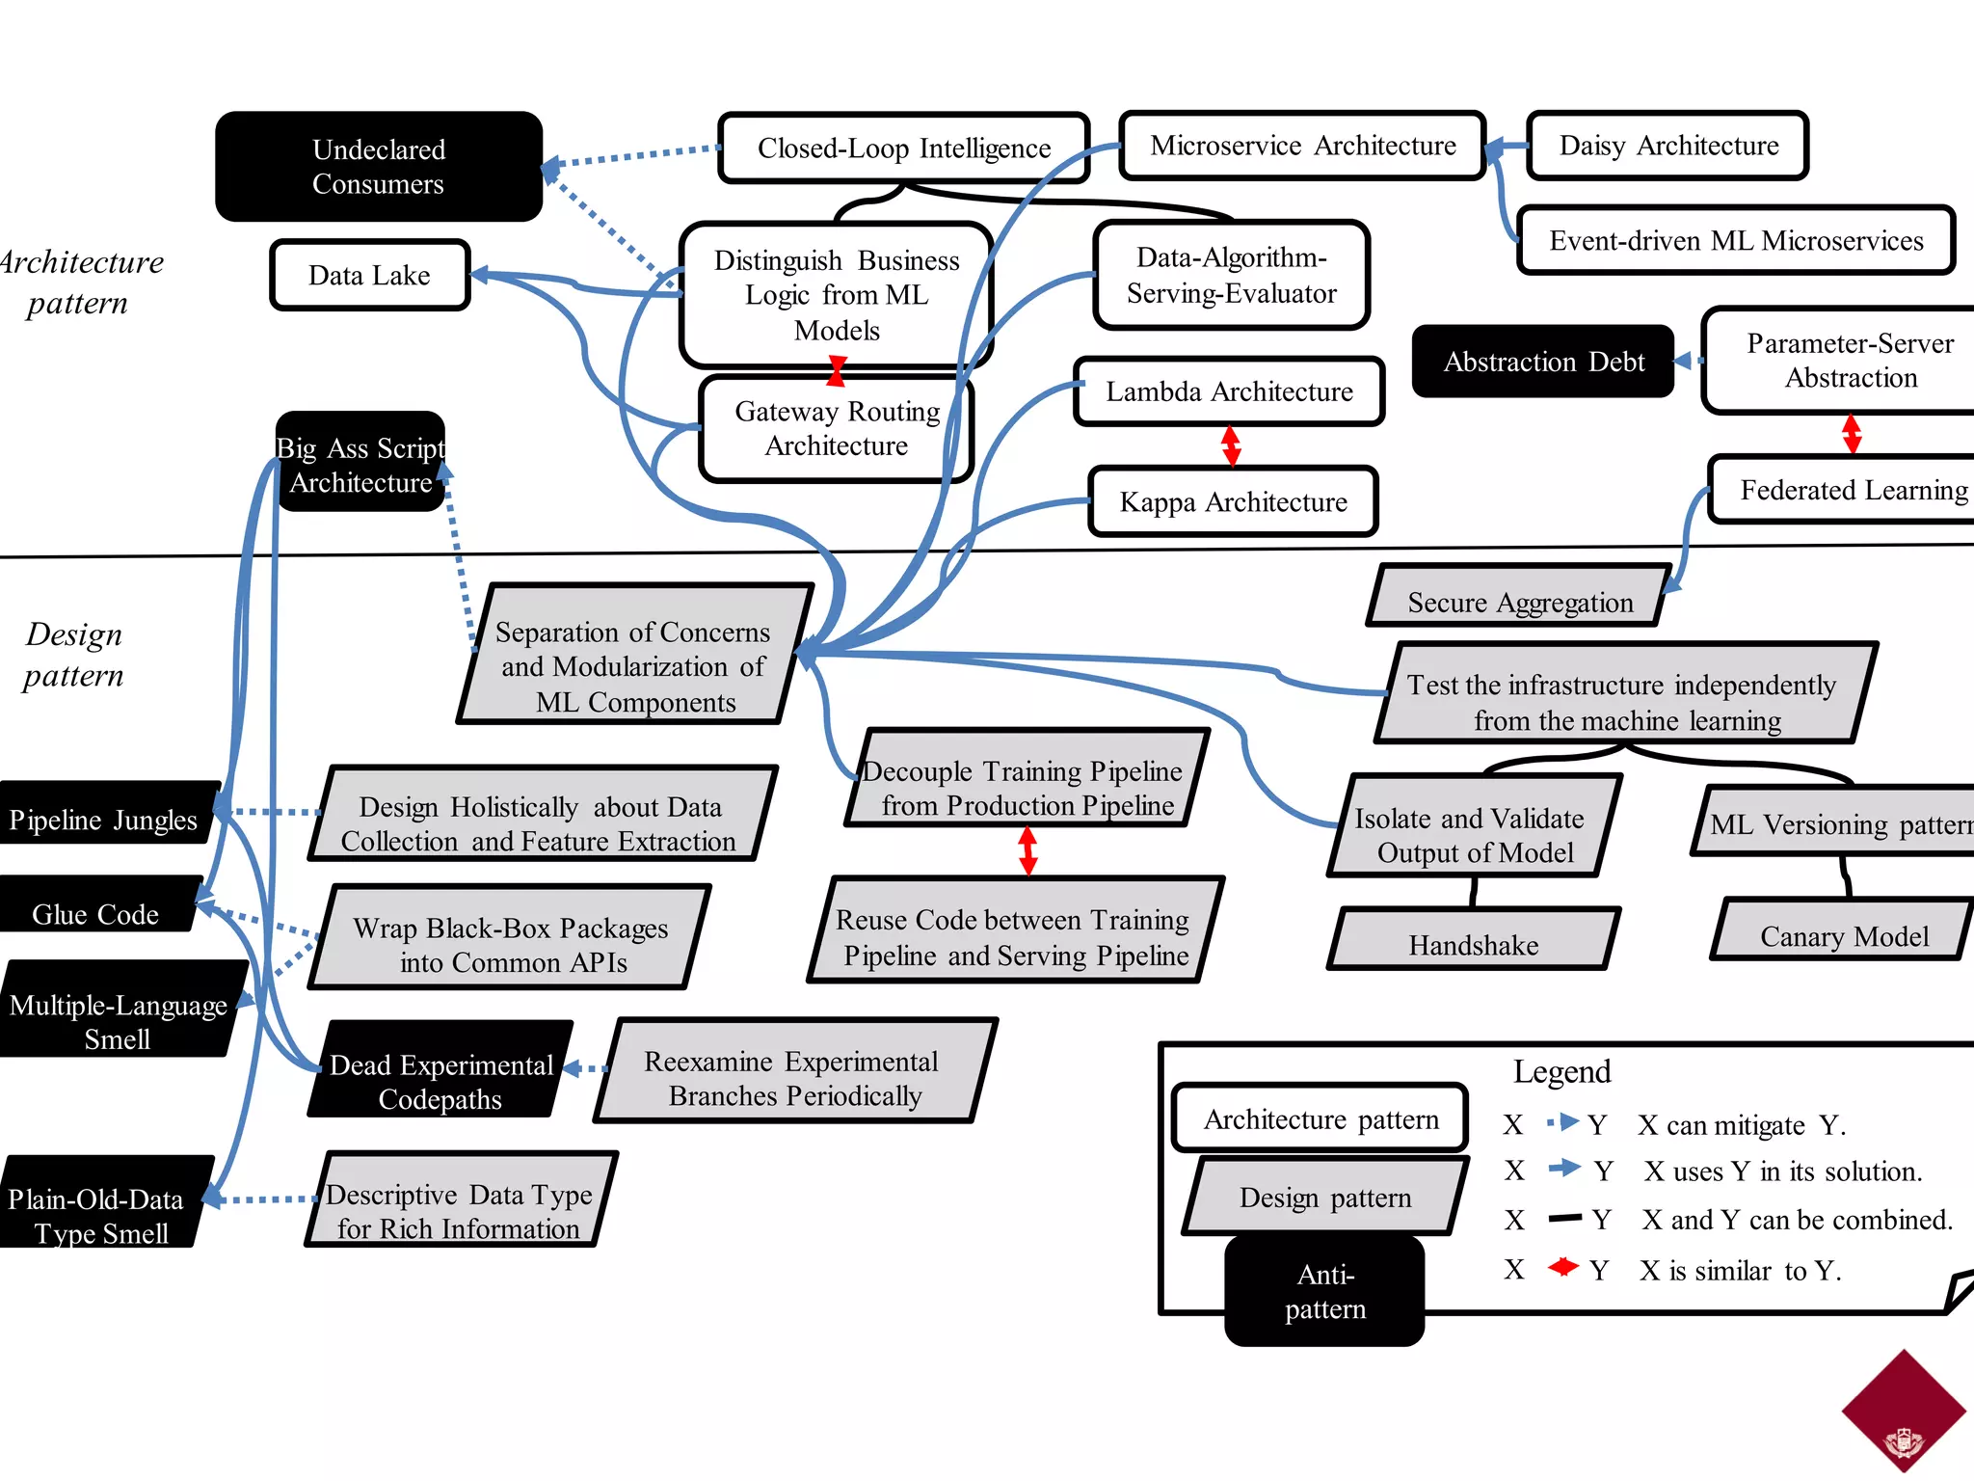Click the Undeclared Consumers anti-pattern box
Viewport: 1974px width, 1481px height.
(379, 166)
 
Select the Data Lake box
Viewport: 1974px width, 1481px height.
(370, 276)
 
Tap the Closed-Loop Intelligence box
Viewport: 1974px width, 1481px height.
(903, 148)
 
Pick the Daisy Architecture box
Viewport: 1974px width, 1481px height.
(1667, 146)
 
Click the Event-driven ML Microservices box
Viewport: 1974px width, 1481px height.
(1735, 241)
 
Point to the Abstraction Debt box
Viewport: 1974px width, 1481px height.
(1543, 362)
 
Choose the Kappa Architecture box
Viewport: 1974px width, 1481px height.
(1233, 502)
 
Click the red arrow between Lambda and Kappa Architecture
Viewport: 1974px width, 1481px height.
(1231, 446)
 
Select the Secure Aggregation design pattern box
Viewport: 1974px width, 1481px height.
(1519, 603)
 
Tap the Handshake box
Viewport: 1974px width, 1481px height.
(1473, 944)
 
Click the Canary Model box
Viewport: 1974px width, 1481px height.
(1843, 935)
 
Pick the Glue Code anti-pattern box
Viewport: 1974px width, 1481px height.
(96, 912)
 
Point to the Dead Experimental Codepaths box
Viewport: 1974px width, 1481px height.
(440, 1081)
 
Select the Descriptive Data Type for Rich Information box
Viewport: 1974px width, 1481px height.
(460, 1211)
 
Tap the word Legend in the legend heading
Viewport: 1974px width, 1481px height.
(1561, 1071)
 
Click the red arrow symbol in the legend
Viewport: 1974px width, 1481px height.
(1563, 1267)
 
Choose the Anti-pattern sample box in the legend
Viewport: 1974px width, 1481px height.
(1324, 1291)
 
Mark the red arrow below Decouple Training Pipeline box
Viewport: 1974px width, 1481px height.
(1027, 851)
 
